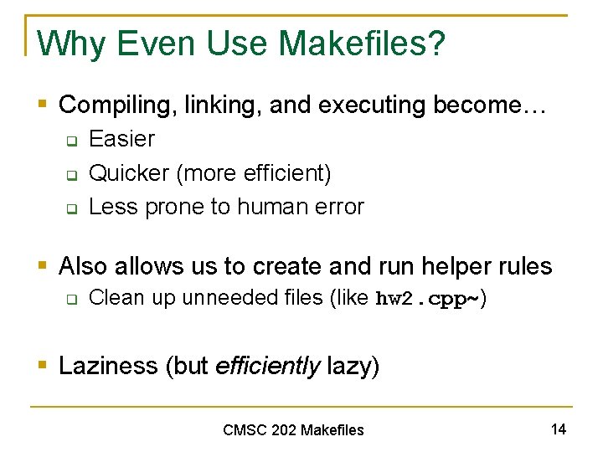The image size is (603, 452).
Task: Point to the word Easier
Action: (121, 139)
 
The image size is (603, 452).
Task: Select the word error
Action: (338, 207)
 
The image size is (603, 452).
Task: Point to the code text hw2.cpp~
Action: (426, 299)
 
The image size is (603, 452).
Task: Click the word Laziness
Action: (110, 366)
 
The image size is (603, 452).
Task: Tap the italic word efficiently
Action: (268, 366)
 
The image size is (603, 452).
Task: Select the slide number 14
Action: (559, 429)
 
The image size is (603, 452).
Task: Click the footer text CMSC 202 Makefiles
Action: (293, 430)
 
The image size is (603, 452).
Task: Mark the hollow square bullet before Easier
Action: (72, 141)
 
